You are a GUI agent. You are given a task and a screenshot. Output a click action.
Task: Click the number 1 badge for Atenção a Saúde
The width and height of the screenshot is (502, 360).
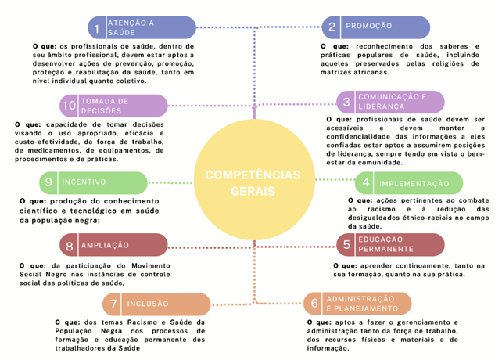point(96,29)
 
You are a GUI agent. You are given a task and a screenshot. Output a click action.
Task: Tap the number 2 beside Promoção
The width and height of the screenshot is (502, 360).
point(332,27)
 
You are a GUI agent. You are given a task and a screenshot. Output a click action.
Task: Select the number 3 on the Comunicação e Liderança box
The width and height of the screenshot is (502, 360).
point(346,102)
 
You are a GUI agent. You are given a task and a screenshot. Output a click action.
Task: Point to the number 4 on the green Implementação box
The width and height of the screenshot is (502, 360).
point(365,184)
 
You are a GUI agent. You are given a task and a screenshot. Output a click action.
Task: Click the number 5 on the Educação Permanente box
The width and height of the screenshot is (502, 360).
point(346,244)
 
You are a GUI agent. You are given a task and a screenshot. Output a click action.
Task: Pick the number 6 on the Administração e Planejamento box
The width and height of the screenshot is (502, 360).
point(314,304)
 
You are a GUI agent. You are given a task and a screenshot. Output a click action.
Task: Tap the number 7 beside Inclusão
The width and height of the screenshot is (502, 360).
point(113,304)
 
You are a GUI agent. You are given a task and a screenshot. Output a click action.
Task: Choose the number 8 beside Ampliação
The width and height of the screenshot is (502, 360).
point(70,246)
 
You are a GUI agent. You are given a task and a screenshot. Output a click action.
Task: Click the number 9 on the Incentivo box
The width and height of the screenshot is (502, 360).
point(48,182)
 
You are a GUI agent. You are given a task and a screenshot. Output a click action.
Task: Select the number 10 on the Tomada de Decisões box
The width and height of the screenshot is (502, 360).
point(69,106)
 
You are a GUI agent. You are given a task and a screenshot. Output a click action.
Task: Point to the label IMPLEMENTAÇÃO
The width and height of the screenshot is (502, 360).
point(414,184)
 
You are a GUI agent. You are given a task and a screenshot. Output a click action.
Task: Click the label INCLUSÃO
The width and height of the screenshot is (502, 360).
point(148,304)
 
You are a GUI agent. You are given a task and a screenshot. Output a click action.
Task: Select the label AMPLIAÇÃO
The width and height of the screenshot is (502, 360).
point(105,246)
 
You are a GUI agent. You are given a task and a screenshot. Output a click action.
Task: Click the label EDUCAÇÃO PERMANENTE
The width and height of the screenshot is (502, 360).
point(385,244)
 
